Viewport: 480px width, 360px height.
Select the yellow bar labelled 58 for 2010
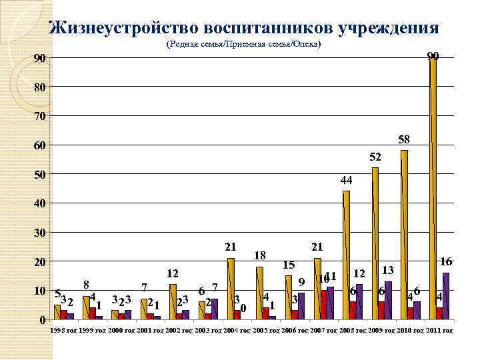pyautogui.click(x=404, y=233)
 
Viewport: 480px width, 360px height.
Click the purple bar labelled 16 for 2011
pyautogui.click(x=446, y=296)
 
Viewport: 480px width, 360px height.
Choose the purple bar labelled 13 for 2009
pyautogui.click(x=388, y=300)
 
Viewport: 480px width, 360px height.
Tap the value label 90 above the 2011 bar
pyautogui.click(x=433, y=55)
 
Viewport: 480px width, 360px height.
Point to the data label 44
pyautogui.click(x=346, y=181)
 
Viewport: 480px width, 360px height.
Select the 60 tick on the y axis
pyautogui.click(x=40, y=145)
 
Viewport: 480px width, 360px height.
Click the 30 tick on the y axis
pyautogui.click(x=40, y=233)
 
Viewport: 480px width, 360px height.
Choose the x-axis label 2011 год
pyautogui.click(x=439, y=330)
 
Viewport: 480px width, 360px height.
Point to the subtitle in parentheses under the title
pyautogui.click(x=243, y=44)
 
